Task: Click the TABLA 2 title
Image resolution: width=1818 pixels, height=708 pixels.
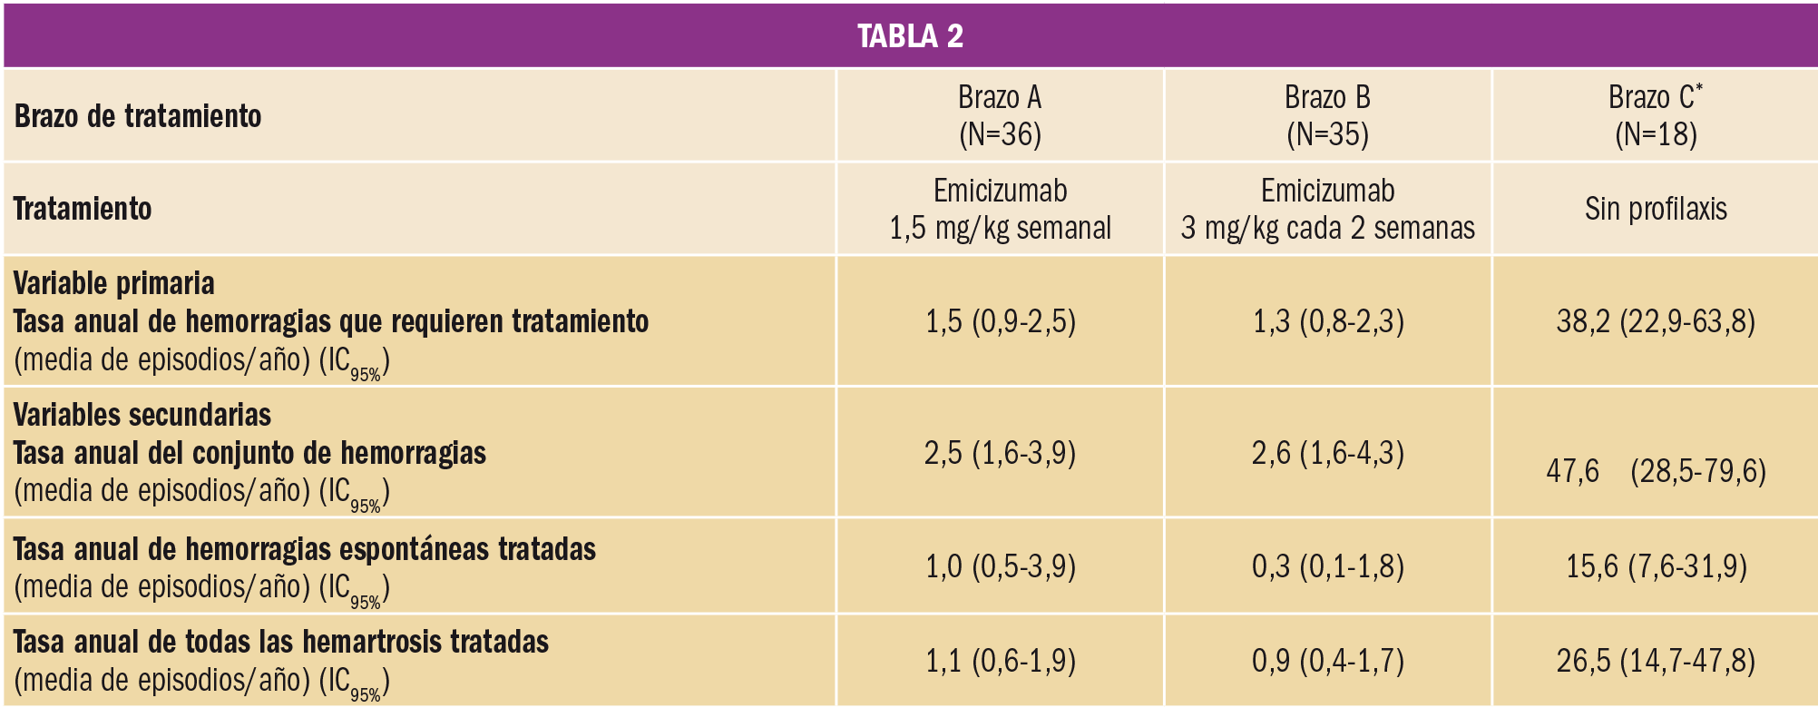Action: click(x=910, y=35)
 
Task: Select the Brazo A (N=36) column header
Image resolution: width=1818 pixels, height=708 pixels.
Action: click(x=1000, y=115)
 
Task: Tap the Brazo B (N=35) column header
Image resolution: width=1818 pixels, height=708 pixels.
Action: click(x=1327, y=115)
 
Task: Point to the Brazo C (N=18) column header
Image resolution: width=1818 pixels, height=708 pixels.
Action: click(x=1656, y=115)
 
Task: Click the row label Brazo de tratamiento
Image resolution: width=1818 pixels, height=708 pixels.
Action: click(x=138, y=116)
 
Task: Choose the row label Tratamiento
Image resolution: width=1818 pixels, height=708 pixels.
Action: click(x=83, y=209)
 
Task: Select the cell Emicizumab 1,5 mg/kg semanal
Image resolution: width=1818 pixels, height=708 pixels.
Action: click(x=1000, y=209)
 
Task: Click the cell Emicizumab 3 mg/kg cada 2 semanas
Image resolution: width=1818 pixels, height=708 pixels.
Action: click(x=1327, y=209)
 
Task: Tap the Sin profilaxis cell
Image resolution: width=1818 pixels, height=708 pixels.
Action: click(x=1656, y=209)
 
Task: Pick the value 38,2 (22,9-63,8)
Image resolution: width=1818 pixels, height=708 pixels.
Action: click(x=1656, y=321)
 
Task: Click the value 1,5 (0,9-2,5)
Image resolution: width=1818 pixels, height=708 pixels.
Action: click(x=1000, y=321)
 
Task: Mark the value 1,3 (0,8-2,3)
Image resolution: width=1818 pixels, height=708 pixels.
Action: click(x=1327, y=321)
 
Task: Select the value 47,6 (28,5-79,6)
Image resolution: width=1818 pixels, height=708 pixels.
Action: click(x=1656, y=471)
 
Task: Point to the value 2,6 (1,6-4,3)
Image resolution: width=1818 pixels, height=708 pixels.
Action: click(x=1327, y=452)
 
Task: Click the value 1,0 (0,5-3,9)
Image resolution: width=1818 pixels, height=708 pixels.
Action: click(x=1000, y=566)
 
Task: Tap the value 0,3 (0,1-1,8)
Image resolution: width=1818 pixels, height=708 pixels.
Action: click(x=1327, y=566)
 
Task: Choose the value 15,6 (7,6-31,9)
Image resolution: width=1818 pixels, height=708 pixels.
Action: click(x=1656, y=566)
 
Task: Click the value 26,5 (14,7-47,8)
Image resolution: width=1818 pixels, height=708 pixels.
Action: click(x=1656, y=660)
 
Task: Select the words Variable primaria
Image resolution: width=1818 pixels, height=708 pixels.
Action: click(x=114, y=283)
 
